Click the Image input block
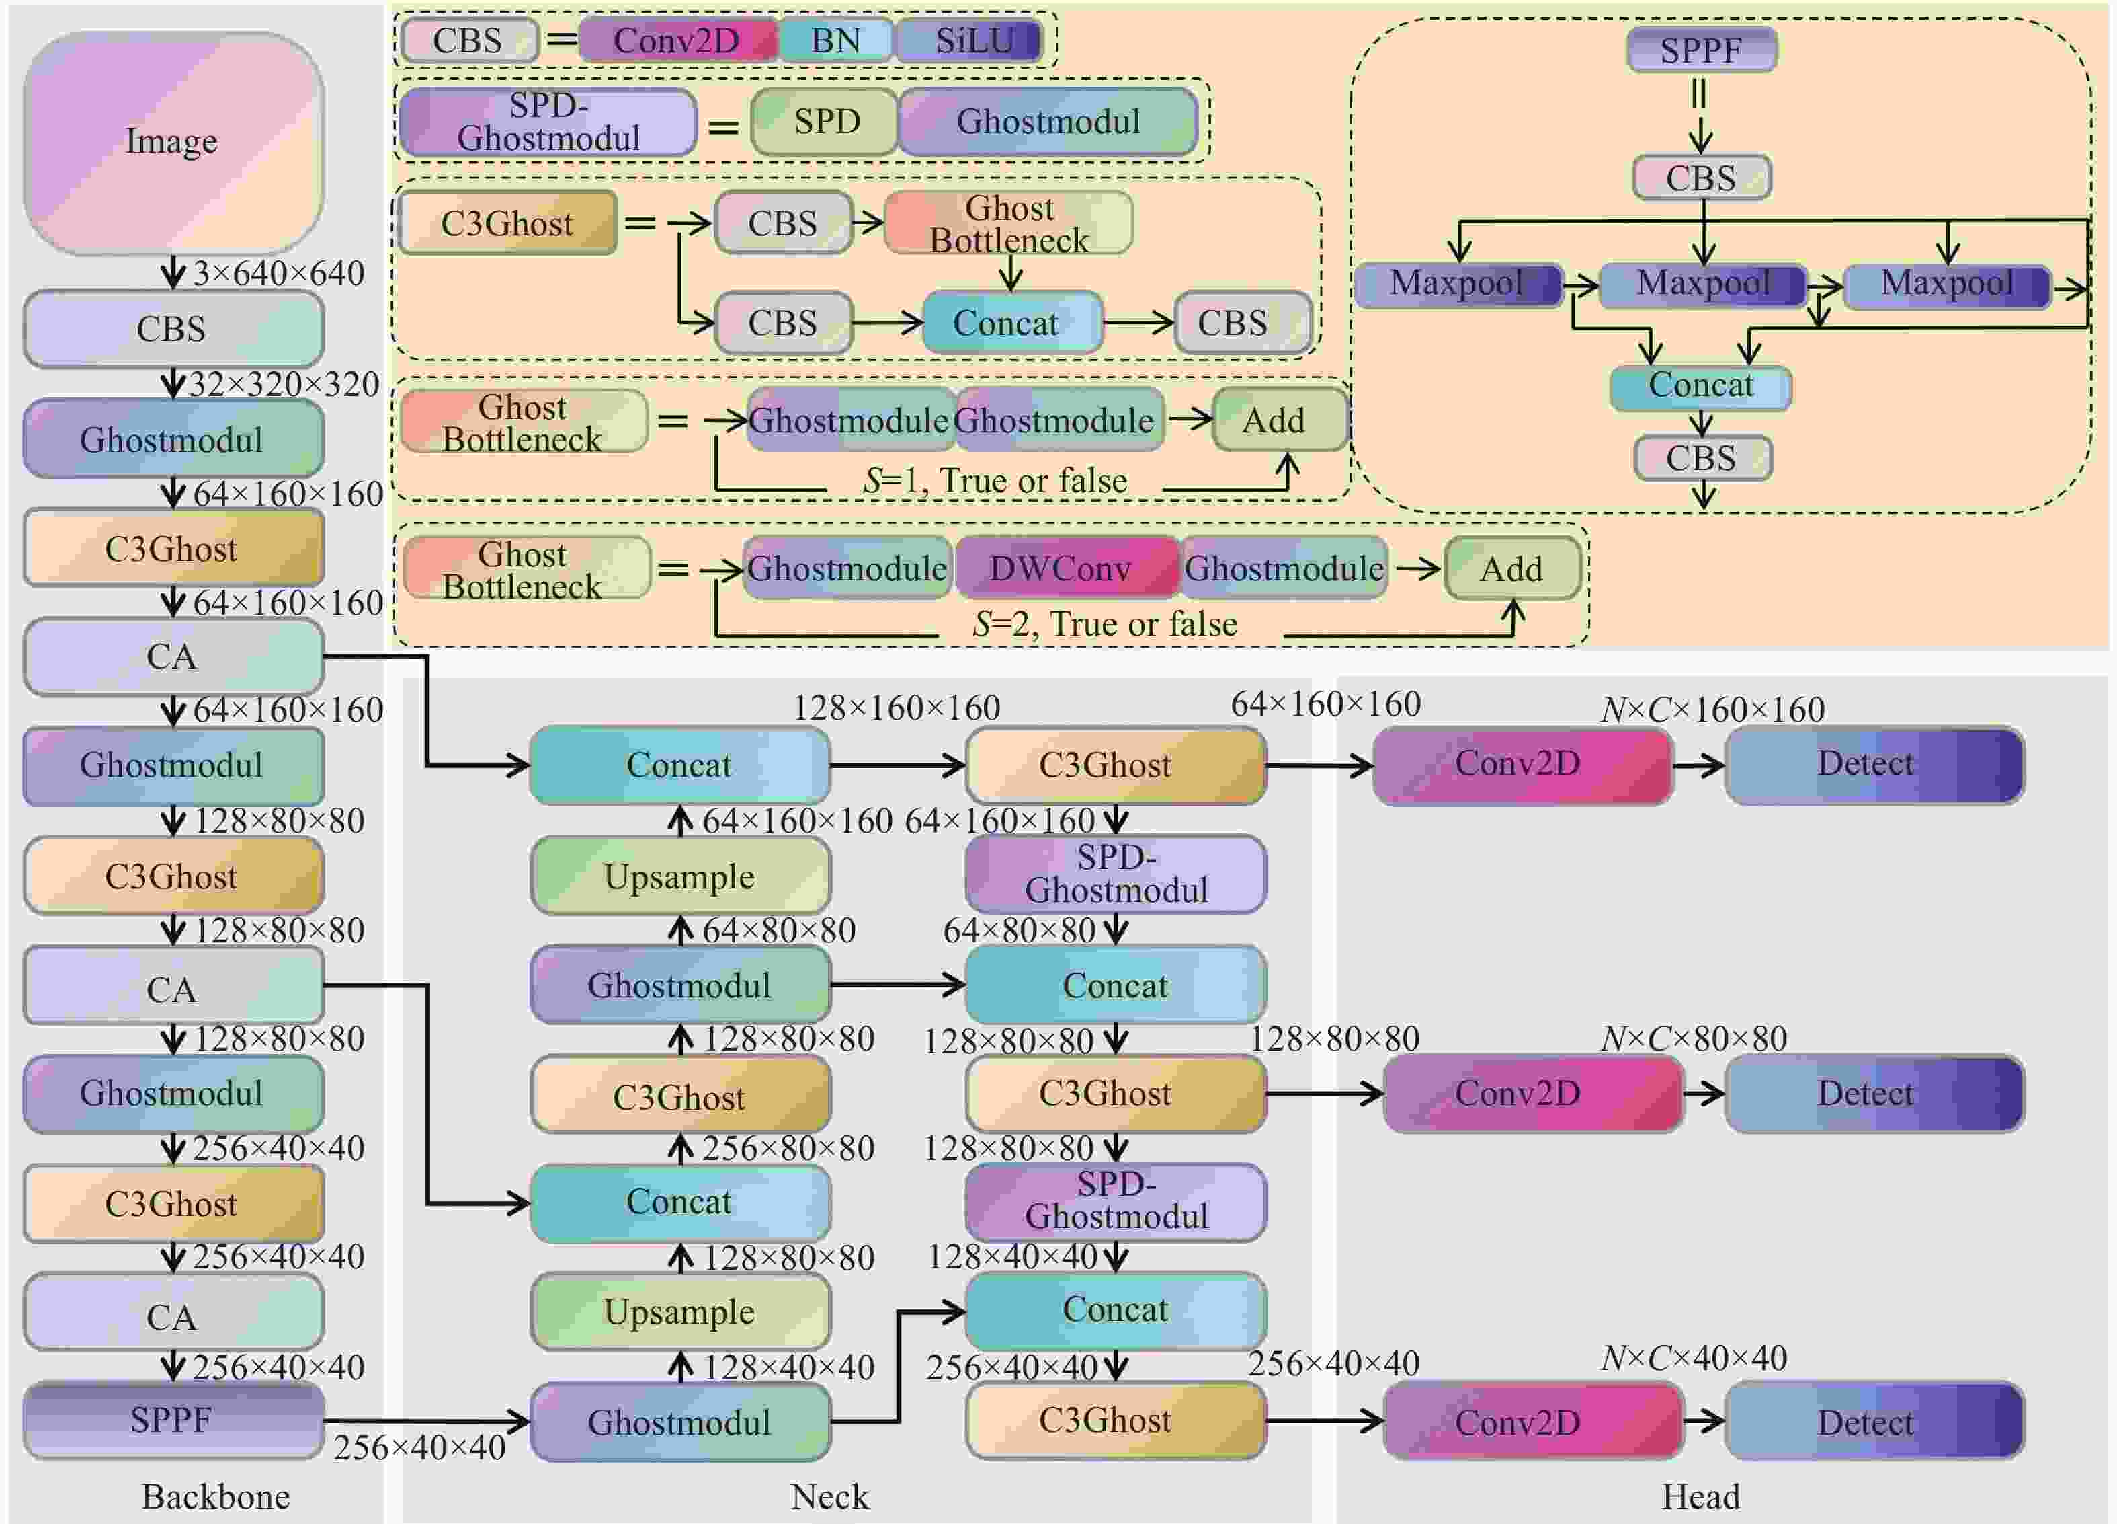coord(173,142)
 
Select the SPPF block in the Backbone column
coord(173,1419)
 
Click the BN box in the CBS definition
coord(835,40)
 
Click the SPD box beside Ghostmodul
coord(825,122)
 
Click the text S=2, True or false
coord(1105,624)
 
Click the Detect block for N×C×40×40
coord(1874,1421)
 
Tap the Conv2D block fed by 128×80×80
coord(1533,1094)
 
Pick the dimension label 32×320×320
coord(284,384)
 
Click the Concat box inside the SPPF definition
coord(1701,385)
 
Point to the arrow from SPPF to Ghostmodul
coord(427,1421)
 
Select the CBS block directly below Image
coord(173,329)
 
